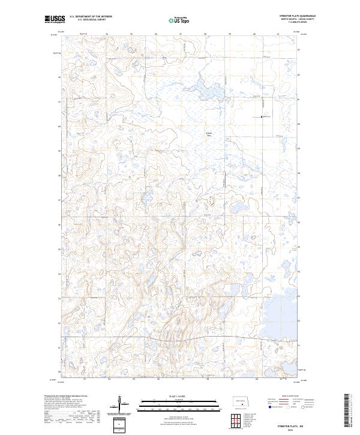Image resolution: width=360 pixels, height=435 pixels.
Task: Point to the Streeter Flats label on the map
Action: tap(209, 133)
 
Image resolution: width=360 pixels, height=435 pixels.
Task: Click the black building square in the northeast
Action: tap(262, 117)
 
